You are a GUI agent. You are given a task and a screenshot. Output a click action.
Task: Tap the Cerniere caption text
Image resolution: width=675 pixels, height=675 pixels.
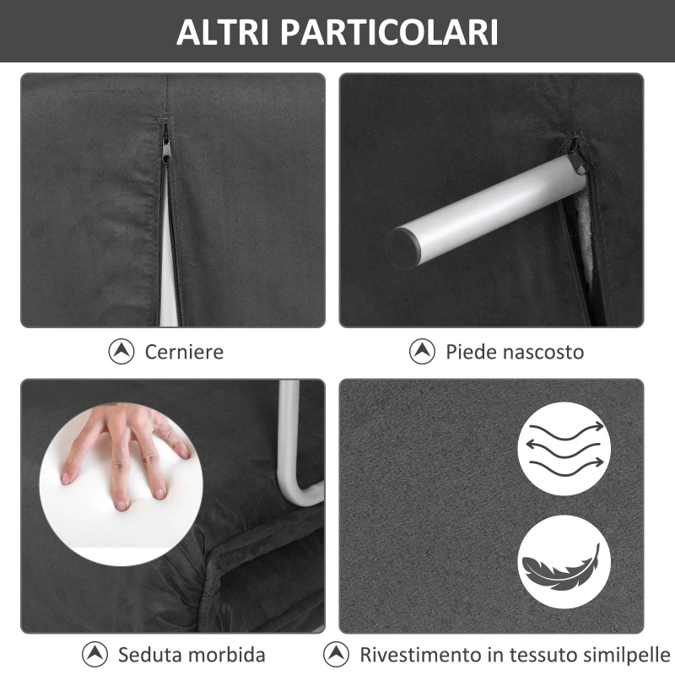[x=184, y=351]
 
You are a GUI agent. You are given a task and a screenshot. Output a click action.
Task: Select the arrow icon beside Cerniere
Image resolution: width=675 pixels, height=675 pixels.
[x=122, y=351]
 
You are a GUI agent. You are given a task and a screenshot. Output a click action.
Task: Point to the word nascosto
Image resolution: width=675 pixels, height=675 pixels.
[x=541, y=351]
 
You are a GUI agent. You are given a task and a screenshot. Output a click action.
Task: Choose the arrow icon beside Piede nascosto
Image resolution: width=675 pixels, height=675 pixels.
[x=422, y=351]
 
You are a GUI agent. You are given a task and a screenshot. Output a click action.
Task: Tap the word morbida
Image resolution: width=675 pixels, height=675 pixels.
[x=227, y=655]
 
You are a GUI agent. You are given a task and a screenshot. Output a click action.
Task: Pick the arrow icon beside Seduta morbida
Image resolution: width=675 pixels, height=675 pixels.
[x=95, y=655]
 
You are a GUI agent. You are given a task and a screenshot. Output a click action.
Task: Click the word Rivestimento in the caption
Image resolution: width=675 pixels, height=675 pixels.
[x=417, y=655]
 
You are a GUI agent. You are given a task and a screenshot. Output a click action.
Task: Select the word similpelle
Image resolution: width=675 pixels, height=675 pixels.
[x=623, y=655]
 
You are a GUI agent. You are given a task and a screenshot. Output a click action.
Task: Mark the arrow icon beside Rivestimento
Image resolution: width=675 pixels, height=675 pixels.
[x=337, y=655]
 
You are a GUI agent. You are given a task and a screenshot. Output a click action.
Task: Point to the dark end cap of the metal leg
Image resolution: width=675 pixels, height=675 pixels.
[x=402, y=246]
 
